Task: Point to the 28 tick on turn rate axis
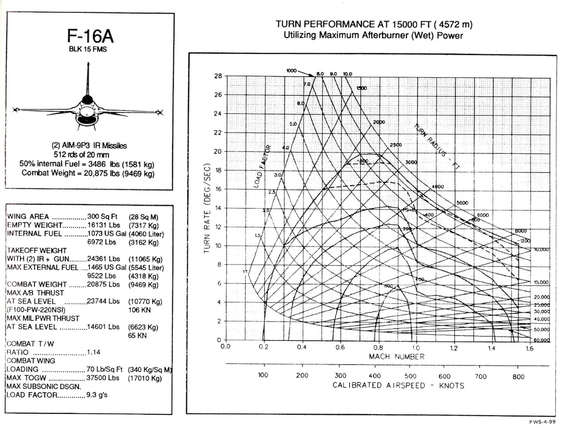(x=217, y=76)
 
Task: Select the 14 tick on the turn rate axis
(x=217, y=208)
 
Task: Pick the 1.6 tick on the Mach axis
(x=530, y=347)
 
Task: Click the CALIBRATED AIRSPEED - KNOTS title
(x=398, y=385)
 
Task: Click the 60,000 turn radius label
(x=542, y=340)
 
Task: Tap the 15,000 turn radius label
(x=542, y=282)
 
